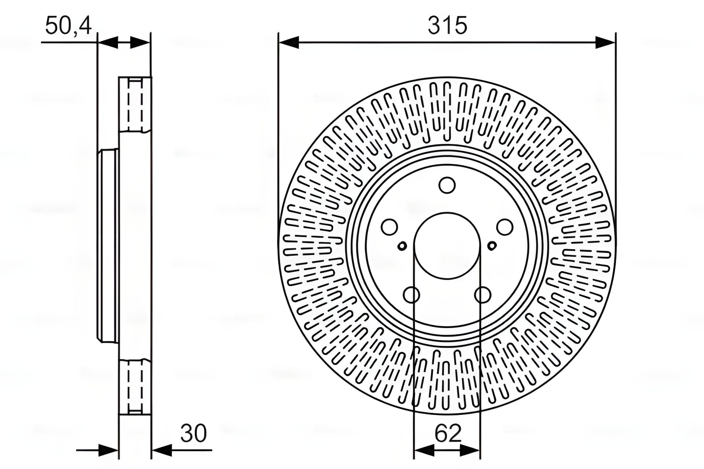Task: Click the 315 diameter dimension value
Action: pos(447,26)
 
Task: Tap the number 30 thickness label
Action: pos(194,433)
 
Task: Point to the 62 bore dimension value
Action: pos(448,433)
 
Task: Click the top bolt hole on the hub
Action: pos(447,185)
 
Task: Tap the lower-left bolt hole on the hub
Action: pos(411,295)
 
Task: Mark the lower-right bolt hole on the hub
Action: pos(483,295)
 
